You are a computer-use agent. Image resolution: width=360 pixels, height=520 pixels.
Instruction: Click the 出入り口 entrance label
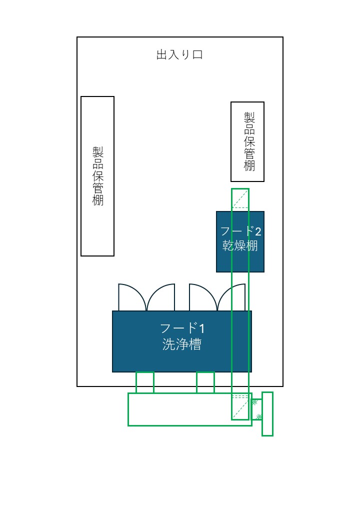(x=179, y=55)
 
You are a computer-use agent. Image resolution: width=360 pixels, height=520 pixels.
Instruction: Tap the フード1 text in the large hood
(x=182, y=328)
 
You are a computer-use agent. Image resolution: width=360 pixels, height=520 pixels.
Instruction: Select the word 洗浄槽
(x=182, y=344)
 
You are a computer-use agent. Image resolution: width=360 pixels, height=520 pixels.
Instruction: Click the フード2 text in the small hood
(x=240, y=231)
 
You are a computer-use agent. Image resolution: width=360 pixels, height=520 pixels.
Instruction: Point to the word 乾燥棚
(x=240, y=246)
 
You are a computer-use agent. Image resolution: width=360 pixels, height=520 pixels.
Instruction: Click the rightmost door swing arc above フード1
(x=233, y=297)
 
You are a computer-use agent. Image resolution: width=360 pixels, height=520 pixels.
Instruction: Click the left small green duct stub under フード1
(x=145, y=382)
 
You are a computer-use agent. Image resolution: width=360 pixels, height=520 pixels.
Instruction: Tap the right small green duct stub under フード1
(x=205, y=382)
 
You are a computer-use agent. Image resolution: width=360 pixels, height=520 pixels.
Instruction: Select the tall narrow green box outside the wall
(x=267, y=414)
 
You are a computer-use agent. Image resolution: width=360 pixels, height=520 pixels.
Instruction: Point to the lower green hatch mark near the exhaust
(x=258, y=416)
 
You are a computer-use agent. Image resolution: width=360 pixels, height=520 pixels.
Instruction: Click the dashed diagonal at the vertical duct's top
(x=240, y=198)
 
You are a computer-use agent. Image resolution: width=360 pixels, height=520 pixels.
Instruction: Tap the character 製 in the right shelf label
(x=249, y=116)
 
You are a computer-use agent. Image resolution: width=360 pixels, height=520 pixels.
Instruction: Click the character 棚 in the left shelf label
(x=98, y=200)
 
